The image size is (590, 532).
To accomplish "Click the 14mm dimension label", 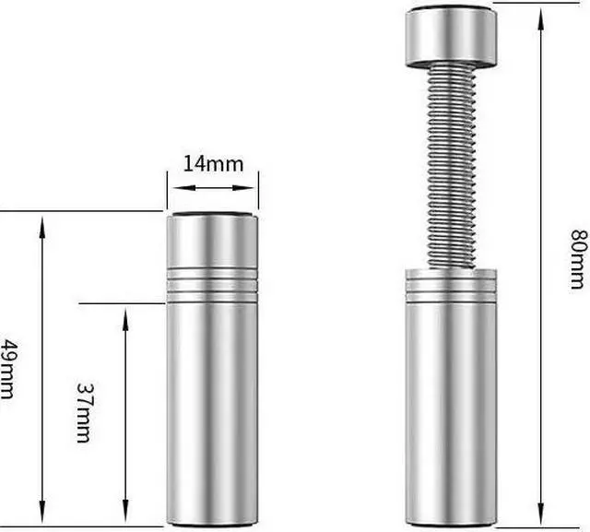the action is click(213, 164).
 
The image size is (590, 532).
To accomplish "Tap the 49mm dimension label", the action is click(7, 369).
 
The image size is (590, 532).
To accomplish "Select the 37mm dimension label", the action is click(84, 413).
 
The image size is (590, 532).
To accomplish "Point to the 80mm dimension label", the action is click(579, 259).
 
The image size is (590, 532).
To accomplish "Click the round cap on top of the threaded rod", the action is click(451, 36).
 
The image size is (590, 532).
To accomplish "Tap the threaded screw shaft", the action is click(452, 166).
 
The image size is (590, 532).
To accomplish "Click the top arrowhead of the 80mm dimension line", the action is click(541, 18).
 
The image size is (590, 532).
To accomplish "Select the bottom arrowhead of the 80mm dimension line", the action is click(541, 513).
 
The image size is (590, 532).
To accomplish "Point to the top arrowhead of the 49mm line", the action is click(42, 227).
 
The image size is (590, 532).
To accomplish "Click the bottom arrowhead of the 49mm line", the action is click(42, 512).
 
